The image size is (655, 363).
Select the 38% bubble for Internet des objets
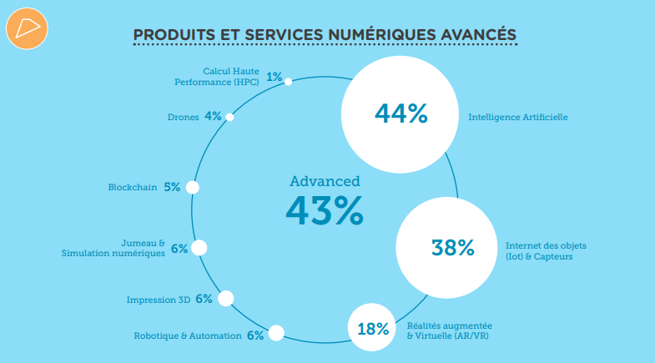tap(452, 247)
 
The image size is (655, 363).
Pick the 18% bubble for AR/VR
tap(373, 328)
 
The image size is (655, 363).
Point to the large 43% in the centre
tap(325, 210)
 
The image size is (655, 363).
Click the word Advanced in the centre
tap(325, 180)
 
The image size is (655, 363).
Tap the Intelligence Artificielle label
tap(517, 118)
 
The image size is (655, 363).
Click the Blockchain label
tap(133, 188)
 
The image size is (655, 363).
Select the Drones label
tap(183, 117)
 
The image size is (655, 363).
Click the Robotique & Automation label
tap(188, 336)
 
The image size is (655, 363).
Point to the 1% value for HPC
tap(274, 78)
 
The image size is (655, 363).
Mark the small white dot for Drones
tap(229, 117)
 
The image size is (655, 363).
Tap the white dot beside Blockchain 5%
tap(192, 187)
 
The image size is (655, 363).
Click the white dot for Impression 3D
tap(225, 299)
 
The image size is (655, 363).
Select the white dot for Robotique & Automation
tap(276, 334)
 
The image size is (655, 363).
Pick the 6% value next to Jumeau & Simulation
tap(179, 249)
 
